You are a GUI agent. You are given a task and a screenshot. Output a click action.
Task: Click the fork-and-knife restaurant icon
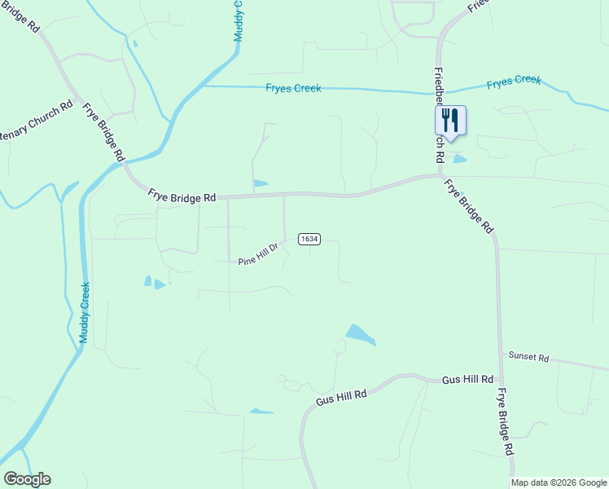tap(450, 121)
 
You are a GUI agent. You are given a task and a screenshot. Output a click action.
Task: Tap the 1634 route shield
tap(309, 239)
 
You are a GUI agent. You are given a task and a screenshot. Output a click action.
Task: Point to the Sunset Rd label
tap(529, 357)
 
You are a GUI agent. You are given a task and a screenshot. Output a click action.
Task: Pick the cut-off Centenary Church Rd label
tap(37, 121)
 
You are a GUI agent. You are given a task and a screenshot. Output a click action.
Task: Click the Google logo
tap(27, 479)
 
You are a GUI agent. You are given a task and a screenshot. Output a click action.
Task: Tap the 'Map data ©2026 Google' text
tap(559, 482)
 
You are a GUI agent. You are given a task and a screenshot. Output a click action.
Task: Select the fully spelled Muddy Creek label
tap(85, 312)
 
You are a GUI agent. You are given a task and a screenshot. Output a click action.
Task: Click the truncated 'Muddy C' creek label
tap(238, 20)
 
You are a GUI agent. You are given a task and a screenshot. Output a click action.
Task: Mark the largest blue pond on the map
tap(360, 334)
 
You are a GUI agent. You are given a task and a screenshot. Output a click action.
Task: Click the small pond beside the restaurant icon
tap(459, 159)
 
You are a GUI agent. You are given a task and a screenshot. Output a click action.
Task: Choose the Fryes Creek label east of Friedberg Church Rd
tap(514, 81)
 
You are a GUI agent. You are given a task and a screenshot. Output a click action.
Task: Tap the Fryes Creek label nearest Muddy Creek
tap(293, 88)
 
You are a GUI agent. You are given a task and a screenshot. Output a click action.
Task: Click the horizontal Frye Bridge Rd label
tap(182, 196)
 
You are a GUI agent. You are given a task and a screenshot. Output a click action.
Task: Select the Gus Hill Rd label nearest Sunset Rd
tap(468, 380)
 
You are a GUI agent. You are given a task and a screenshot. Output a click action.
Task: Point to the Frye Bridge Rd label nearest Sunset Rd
tap(504, 421)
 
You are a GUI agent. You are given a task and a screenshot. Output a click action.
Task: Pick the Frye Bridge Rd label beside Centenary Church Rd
tap(105, 131)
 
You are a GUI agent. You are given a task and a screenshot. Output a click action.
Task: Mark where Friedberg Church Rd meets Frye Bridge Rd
tap(440, 174)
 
